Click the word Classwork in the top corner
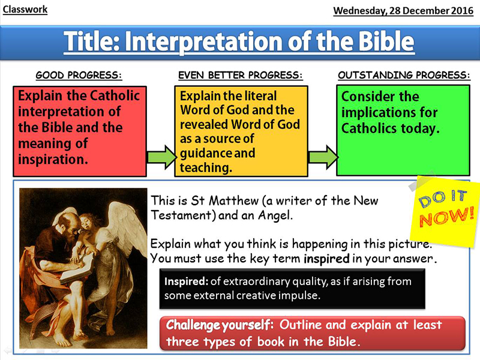tap(25, 10)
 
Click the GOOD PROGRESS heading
tap(79, 75)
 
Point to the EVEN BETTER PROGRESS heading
tap(241, 75)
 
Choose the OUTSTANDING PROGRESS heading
tap(404, 75)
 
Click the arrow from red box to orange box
tap(162, 157)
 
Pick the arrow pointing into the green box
tap(323, 157)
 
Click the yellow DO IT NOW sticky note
tap(444, 211)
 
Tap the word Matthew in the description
tap(234, 201)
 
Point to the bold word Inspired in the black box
tap(186, 281)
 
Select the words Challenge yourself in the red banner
tap(219, 325)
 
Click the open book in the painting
tap(77, 269)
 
